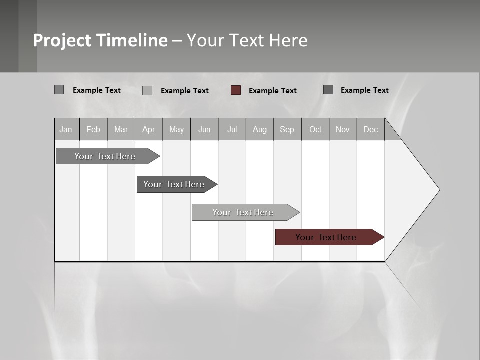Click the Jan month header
66,129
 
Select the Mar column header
121,129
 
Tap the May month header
176,129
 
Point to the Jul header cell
232,129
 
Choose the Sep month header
287,129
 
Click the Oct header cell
315,129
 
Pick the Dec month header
371,129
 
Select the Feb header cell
93,129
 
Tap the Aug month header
260,129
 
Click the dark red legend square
236,90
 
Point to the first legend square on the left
59,90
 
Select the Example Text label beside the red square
273,91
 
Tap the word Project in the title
62,40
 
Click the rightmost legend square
328,90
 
